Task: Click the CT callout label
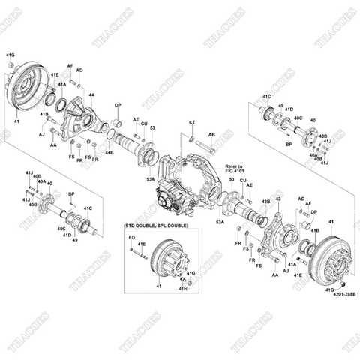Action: [x=192, y=122]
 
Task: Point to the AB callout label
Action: [x=211, y=135]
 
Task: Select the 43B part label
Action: [x=264, y=202]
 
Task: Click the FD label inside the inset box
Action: [x=131, y=238]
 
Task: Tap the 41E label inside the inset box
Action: [x=142, y=244]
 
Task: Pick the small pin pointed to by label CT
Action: [x=193, y=136]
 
